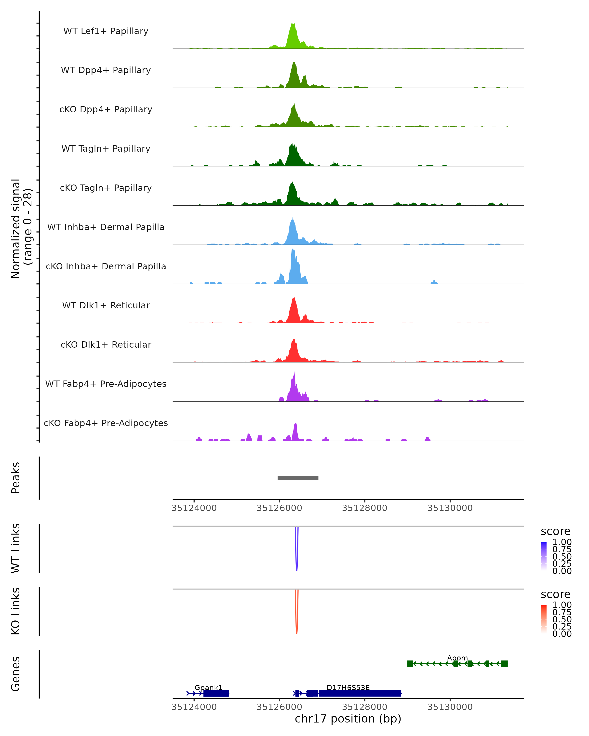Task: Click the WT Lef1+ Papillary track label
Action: (x=106, y=31)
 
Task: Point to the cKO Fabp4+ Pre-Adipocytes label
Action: (x=106, y=423)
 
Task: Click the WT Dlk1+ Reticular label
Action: (x=106, y=305)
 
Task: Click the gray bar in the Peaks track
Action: (x=298, y=478)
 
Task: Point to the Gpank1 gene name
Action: (x=208, y=687)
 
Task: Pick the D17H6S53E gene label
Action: (x=348, y=687)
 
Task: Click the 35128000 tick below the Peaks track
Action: (x=365, y=508)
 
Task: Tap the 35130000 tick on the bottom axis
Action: (x=450, y=707)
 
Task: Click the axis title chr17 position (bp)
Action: (x=348, y=719)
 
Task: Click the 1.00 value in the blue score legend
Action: (x=562, y=542)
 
